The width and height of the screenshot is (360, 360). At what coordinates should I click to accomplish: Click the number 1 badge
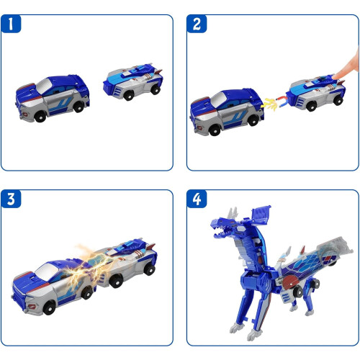[11, 24]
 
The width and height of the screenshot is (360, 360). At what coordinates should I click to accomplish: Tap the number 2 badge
[197, 24]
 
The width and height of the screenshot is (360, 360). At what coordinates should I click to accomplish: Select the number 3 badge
[11, 199]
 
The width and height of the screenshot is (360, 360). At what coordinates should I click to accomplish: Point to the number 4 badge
[197, 199]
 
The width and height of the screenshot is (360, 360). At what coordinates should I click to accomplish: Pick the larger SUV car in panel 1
[53, 98]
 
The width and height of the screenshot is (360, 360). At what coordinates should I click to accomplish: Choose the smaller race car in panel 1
[133, 81]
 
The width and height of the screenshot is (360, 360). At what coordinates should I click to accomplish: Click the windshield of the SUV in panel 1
[44, 86]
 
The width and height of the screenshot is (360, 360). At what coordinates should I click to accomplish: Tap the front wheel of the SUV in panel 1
[40, 117]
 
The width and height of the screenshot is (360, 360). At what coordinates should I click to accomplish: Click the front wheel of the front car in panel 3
[50, 307]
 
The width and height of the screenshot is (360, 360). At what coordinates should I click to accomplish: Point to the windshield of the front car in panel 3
[47, 271]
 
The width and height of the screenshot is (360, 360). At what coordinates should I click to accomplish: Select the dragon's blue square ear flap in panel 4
[261, 215]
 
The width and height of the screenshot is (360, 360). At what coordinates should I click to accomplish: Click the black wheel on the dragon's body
[298, 292]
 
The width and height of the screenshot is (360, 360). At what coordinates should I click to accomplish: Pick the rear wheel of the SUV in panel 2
[253, 120]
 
